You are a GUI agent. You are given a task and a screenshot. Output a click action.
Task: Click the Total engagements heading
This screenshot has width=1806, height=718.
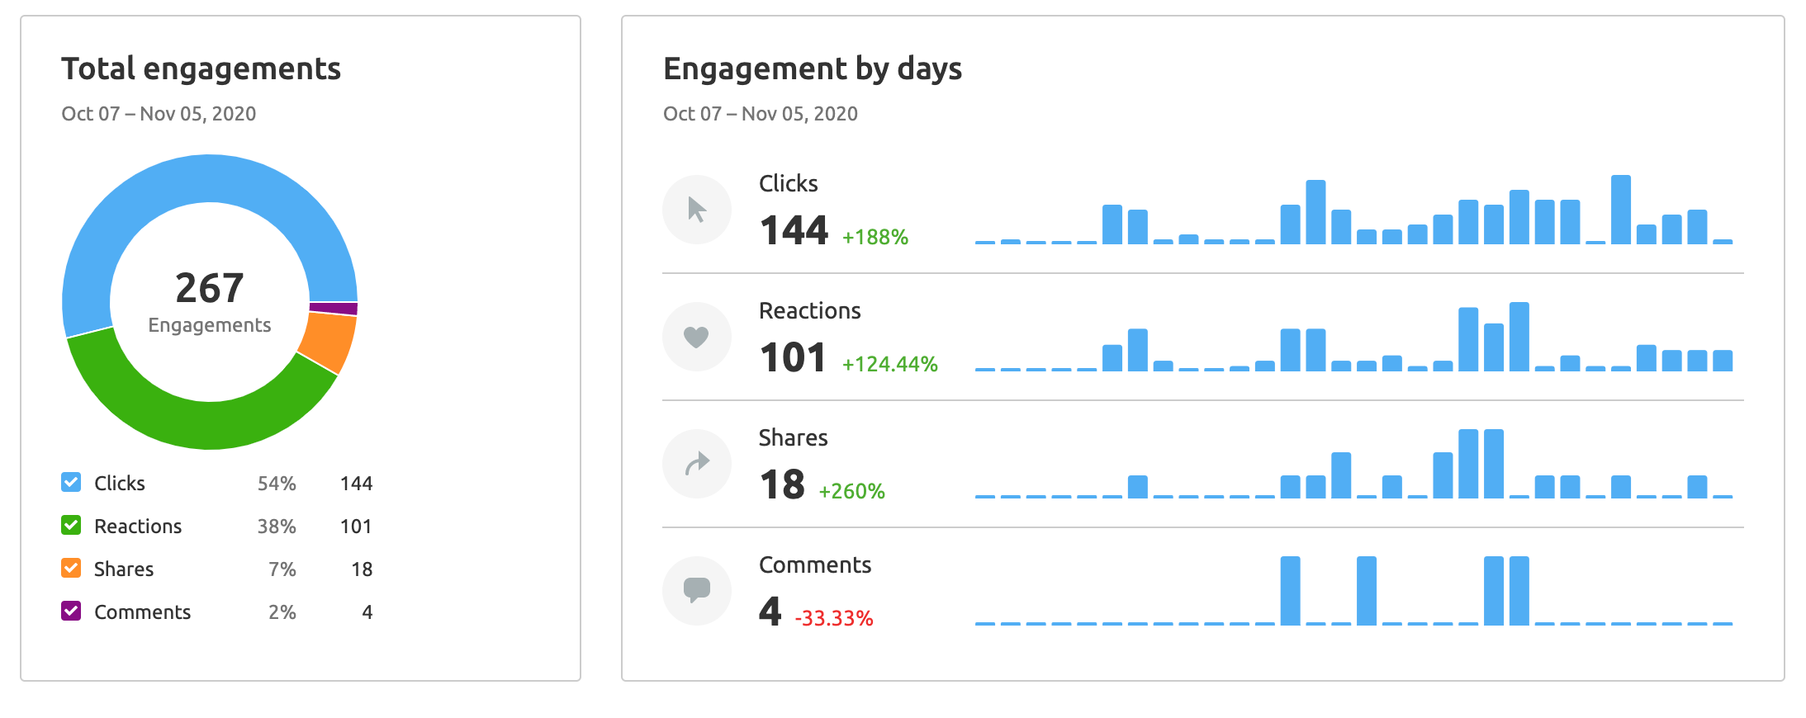(201, 68)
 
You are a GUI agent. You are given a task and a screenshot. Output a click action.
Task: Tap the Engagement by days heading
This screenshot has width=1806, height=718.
(813, 68)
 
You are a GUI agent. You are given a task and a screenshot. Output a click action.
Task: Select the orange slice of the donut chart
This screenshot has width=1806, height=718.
(328, 342)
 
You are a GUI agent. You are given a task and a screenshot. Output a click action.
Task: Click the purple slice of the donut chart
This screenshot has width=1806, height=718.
(334, 309)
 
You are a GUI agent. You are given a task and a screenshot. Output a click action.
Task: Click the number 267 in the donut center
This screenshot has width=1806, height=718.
(210, 288)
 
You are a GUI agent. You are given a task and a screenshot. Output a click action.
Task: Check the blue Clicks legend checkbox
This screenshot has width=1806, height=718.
(72, 483)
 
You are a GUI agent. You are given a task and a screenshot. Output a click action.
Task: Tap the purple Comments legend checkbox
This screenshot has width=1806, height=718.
(72, 612)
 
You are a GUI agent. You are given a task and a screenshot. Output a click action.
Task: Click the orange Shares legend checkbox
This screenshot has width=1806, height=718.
(72, 569)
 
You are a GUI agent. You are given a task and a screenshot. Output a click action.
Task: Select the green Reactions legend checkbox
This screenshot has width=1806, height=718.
(72, 526)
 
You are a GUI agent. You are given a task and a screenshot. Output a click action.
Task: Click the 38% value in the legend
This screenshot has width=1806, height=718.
(277, 527)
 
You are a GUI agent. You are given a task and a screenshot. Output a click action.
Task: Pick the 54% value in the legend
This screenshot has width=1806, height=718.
(277, 484)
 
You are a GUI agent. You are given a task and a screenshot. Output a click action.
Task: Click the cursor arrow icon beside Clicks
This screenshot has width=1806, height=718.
(697, 210)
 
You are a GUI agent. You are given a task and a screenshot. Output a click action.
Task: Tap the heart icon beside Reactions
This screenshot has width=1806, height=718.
(697, 337)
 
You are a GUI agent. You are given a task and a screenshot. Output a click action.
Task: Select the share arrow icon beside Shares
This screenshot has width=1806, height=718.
(697, 464)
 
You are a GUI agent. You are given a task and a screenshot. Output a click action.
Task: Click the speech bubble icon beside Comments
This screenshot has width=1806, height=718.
(697, 590)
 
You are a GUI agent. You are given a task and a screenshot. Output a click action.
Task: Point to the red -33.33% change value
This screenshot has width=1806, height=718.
(834, 618)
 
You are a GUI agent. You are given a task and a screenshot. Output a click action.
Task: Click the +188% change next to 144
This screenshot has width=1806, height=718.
(875, 238)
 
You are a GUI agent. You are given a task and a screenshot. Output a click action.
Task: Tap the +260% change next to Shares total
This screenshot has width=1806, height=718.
(852, 492)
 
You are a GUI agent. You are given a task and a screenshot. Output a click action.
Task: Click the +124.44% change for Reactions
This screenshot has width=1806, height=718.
(890, 365)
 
